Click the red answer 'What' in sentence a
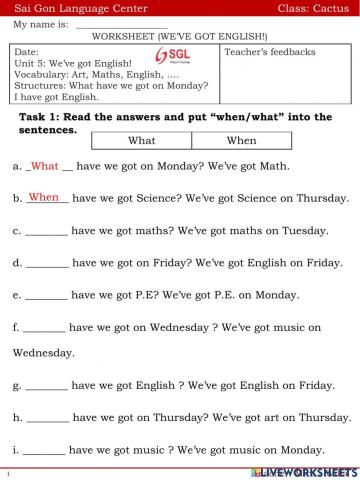46,166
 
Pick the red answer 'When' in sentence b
44,198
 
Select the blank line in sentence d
47,265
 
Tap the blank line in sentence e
46,297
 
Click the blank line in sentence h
47,418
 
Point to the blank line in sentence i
44,451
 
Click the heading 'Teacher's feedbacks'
270,52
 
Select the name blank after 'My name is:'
121,24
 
